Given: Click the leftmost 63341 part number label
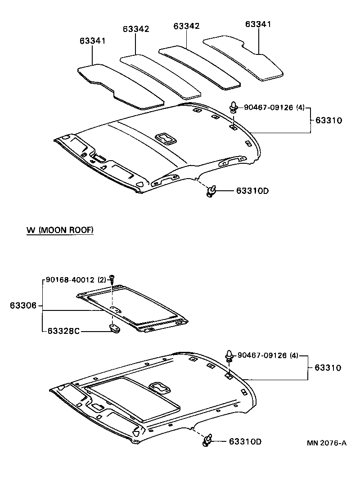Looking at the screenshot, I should point(93,41).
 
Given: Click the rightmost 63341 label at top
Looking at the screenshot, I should point(258,24).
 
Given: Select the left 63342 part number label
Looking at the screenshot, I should point(136,29).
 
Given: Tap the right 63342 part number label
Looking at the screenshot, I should point(186,26).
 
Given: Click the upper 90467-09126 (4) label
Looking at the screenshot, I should point(274,108).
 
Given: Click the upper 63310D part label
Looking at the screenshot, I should point(252,191).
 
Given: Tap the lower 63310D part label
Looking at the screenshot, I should point(245,441).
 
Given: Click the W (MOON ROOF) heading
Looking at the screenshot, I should point(60,230).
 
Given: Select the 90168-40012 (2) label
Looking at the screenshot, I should point(76,279).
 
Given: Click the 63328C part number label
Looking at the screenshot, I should point(63,331).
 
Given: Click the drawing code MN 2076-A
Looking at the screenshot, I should point(327,443).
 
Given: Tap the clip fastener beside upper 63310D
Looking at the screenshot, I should point(211,192).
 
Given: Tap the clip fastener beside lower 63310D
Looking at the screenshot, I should point(207,440).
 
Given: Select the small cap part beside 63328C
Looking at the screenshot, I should point(115,329).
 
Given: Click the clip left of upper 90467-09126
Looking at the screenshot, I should point(234,108).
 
